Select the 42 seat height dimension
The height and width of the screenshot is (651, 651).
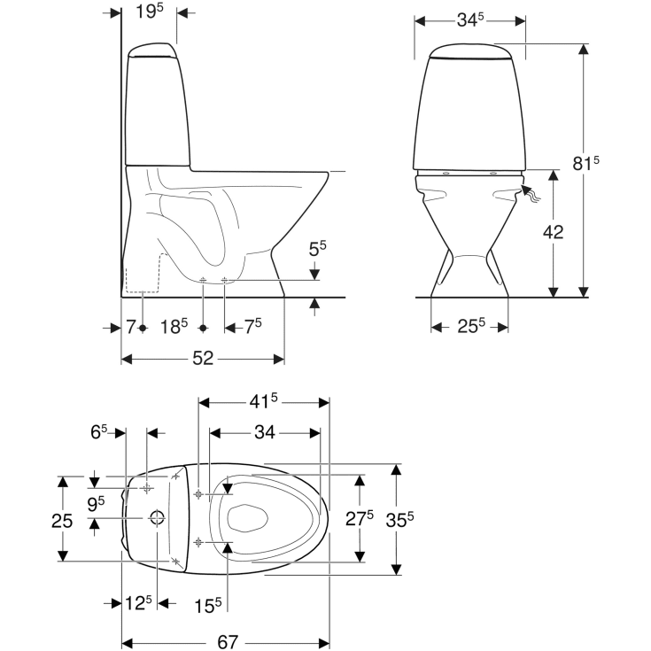pyautogui.click(x=553, y=232)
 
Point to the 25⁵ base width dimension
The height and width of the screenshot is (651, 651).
pyautogui.click(x=469, y=327)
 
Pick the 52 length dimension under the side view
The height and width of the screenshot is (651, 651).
pyautogui.click(x=203, y=359)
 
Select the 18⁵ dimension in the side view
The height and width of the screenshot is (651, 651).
pyautogui.click(x=174, y=327)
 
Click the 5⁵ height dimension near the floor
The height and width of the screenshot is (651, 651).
pyautogui.click(x=317, y=248)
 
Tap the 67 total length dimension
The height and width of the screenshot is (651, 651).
pyautogui.click(x=227, y=641)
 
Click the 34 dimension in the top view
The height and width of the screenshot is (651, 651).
pyautogui.click(x=264, y=433)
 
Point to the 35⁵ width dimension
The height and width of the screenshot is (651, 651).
pyautogui.click(x=401, y=520)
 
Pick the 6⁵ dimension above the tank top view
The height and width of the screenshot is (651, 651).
pyautogui.click(x=98, y=431)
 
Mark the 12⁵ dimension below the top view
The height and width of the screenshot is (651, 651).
pyautogui.click(x=137, y=603)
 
